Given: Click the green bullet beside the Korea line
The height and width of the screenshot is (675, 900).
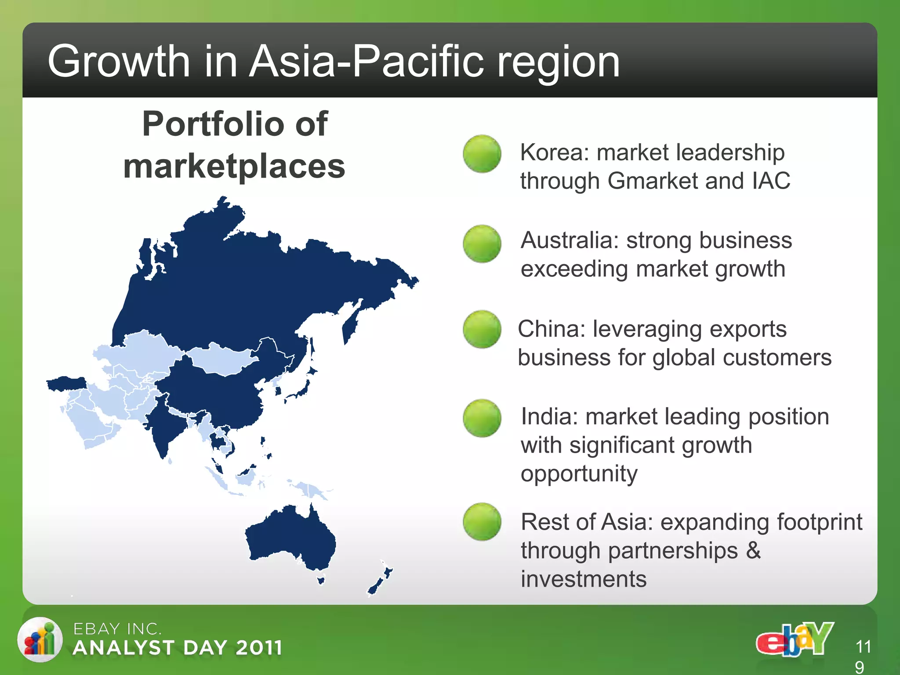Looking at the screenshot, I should coord(482,154).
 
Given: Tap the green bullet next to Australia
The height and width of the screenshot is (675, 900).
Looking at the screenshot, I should coord(482,244).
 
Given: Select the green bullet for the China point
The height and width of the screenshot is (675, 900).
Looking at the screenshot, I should coord(482,330).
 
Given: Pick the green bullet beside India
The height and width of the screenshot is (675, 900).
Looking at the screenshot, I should coord(482,418).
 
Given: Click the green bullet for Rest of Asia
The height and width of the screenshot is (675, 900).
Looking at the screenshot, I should coord(482,522).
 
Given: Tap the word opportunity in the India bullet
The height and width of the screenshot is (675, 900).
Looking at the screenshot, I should coord(579,474).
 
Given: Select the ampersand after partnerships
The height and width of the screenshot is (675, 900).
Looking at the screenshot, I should coord(753,550).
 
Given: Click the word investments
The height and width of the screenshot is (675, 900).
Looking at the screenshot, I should coord(584,579).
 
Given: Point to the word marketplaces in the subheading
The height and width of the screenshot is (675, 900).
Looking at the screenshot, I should coord(234,167).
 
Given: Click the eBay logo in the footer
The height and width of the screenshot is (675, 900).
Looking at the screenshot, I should coord(795,639).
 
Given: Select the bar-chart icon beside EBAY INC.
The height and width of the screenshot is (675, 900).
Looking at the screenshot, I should coord(40,640).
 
